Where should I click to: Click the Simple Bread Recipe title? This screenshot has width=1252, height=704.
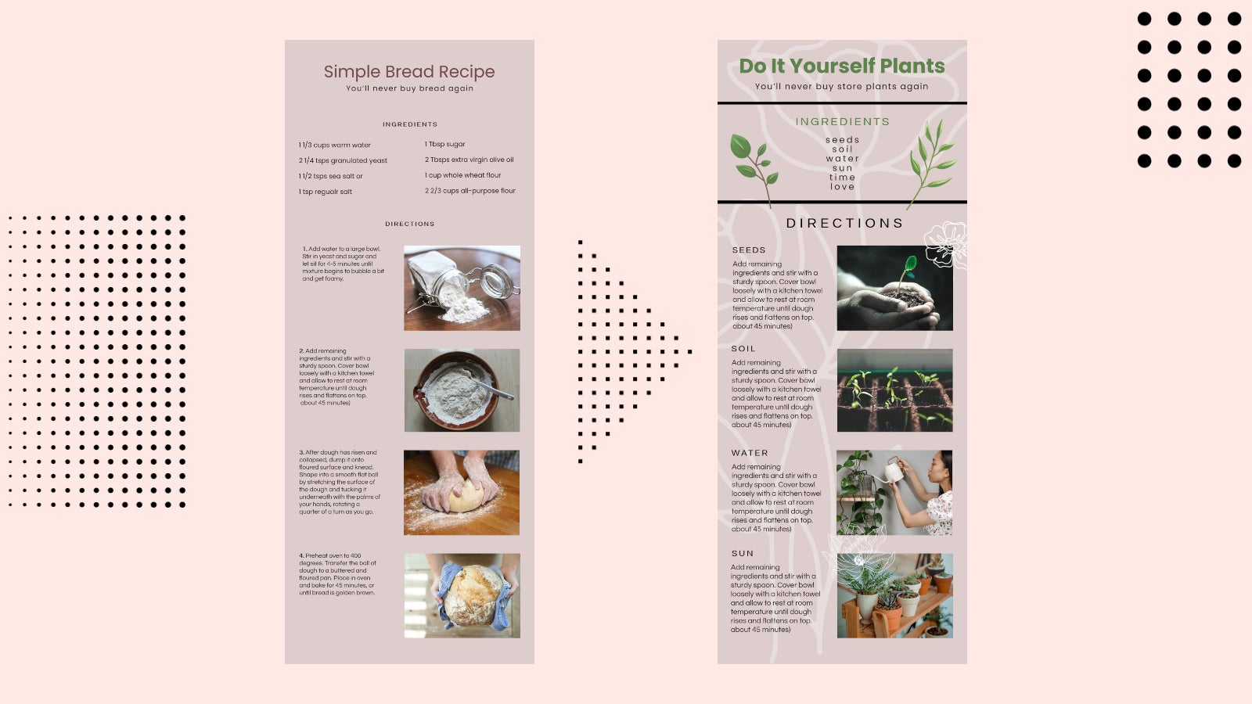[409, 72]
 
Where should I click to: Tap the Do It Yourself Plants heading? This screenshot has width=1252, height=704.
[842, 66]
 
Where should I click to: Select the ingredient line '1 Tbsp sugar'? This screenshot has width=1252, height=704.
[444, 144]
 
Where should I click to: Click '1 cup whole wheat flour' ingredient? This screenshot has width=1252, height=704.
[462, 175]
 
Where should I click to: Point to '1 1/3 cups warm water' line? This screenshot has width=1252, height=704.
[334, 145]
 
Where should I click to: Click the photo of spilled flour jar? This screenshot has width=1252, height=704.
[462, 288]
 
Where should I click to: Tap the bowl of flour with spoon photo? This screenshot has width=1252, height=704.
[462, 390]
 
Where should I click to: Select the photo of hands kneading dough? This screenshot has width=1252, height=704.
[462, 492]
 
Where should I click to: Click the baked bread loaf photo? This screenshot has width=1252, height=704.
[462, 595]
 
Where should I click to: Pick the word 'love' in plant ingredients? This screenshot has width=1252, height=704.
[842, 187]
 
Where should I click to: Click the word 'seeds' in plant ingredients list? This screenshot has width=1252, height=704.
[842, 140]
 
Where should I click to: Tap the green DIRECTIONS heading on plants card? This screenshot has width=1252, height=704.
[844, 223]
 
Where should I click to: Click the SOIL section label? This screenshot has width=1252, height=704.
[743, 349]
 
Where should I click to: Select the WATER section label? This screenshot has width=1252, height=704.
[750, 453]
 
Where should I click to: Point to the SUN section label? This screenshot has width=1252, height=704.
[743, 553]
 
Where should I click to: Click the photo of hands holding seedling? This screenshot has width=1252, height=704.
[894, 288]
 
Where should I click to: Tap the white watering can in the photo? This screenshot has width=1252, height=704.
[891, 472]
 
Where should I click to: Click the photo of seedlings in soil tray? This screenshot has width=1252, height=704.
[894, 390]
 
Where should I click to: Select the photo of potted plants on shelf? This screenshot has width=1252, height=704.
[894, 595]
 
